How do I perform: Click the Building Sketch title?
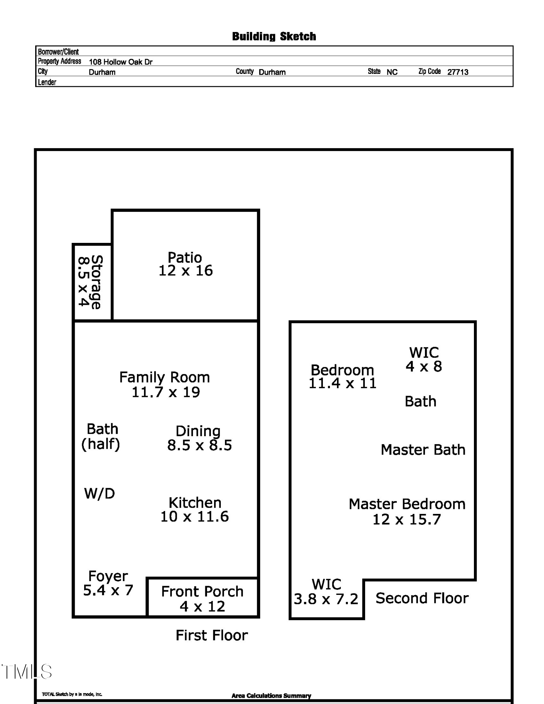pos(274,36)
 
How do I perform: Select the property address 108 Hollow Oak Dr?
pos(120,62)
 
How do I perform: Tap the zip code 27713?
pos(457,72)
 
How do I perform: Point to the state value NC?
pos(392,72)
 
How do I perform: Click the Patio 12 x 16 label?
pos(185,264)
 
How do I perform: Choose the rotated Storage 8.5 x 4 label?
pos(90,282)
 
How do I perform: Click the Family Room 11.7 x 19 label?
pos(165,384)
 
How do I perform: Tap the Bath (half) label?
pos(101,436)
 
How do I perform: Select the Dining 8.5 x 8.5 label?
pos(199,438)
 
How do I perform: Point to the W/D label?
pos(99,494)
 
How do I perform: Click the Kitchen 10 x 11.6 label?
pos(195,509)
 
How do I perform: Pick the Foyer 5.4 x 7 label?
pos(108,583)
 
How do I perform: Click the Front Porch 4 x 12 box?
pos(202,598)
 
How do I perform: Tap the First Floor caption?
pos(212,635)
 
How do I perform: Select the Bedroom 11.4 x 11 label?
pos(342,376)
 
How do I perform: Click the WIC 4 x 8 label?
pos(424,359)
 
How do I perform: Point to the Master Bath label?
pos(423,450)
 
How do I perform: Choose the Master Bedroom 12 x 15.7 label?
pos(407,511)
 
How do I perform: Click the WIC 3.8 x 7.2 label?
pos(326,592)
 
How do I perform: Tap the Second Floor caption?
pos(422,598)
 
